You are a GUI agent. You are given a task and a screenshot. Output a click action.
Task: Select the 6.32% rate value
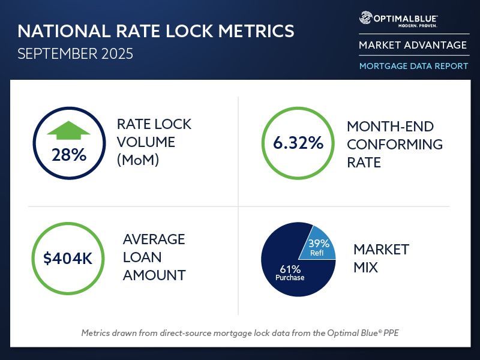click(298, 143)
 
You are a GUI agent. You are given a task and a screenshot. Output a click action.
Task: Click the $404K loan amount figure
click(68, 259)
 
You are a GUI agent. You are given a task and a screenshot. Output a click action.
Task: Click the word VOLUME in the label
click(146, 143)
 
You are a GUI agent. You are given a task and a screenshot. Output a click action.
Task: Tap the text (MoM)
click(138, 161)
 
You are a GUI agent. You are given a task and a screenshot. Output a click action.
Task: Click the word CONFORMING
click(395, 145)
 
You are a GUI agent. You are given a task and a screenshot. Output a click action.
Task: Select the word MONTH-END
click(389, 127)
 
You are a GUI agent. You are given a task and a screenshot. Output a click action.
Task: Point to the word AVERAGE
click(154, 239)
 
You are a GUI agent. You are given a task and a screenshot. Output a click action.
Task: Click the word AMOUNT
click(154, 275)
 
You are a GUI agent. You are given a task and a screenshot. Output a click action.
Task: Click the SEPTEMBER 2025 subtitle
click(75, 53)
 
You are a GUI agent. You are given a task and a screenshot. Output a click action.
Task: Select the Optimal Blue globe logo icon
click(365, 18)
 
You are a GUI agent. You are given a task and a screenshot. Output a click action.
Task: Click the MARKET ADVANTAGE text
click(413, 46)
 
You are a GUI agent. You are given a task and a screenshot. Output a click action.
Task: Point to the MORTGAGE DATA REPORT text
click(413, 66)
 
